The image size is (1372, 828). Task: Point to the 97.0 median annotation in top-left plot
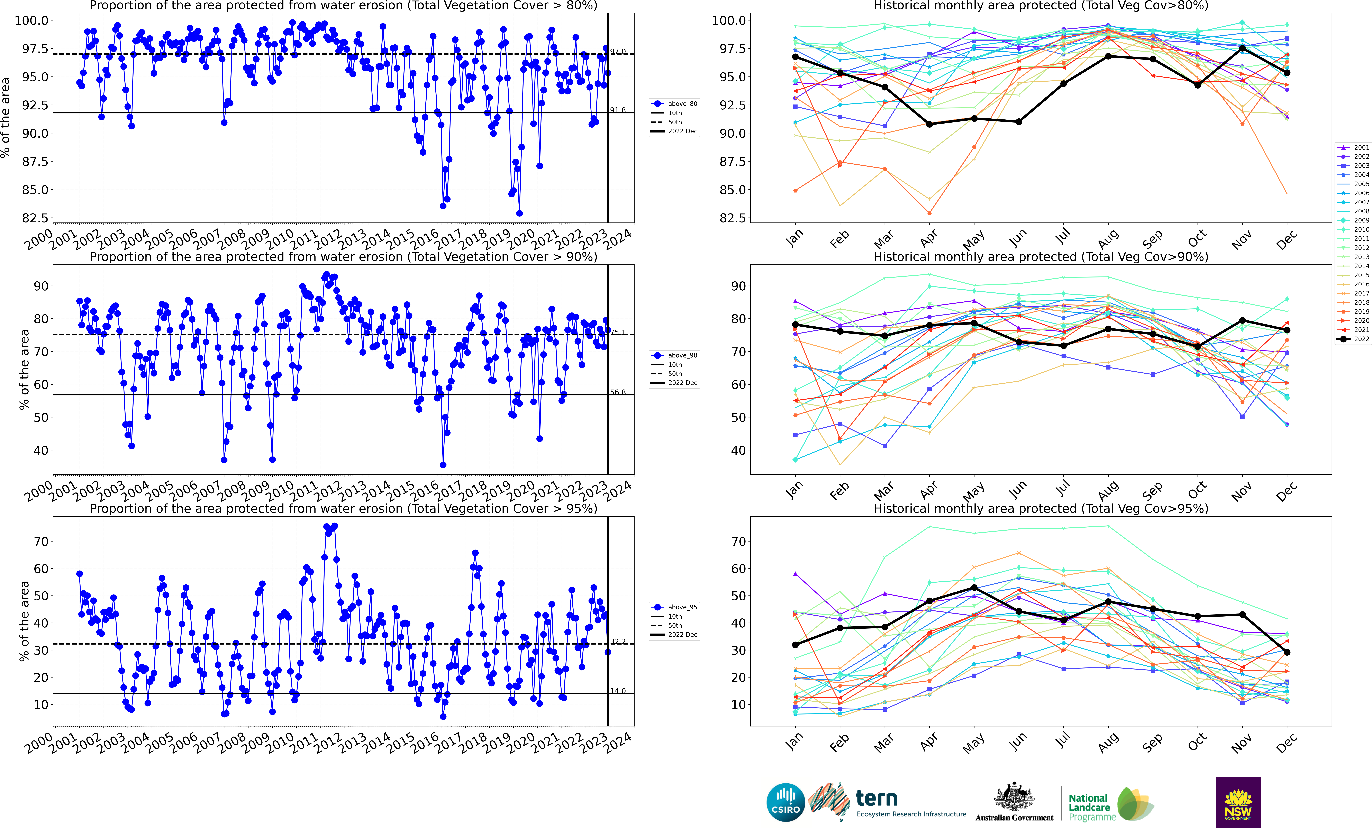click(x=618, y=51)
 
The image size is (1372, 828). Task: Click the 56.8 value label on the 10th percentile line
click(x=618, y=392)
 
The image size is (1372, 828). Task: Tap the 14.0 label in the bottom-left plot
click(x=618, y=690)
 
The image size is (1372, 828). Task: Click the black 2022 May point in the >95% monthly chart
click(x=974, y=588)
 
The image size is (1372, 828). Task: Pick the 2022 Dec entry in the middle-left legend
click(x=682, y=383)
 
